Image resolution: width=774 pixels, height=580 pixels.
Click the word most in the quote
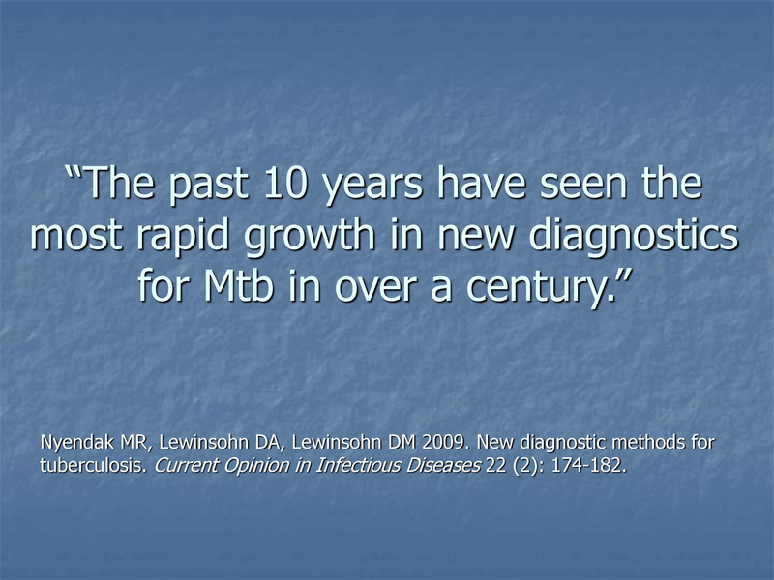[x=72, y=236]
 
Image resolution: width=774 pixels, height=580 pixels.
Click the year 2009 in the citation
[x=447, y=443]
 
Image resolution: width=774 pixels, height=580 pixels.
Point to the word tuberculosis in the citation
[x=86, y=464]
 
